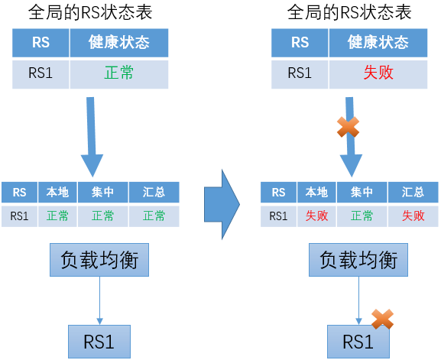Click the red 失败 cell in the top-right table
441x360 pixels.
click(x=378, y=75)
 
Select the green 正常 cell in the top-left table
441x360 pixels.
click(x=119, y=75)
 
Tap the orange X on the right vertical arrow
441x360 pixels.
click(x=349, y=127)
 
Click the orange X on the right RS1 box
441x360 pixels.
click(x=382, y=319)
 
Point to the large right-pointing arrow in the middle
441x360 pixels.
click(x=222, y=205)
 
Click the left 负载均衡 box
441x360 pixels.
click(x=99, y=260)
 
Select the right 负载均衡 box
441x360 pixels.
click(x=358, y=260)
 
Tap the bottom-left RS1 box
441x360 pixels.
click(x=99, y=342)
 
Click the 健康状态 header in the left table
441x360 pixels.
click(x=119, y=43)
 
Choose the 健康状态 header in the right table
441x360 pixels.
click(x=378, y=43)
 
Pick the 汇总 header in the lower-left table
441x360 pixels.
click(x=154, y=193)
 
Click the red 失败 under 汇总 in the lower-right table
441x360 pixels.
click(x=413, y=216)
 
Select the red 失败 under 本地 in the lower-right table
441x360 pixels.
click(x=316, y=216)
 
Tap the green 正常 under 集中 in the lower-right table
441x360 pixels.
click(x=362, y=216)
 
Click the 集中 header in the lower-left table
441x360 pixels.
click(x=103, y=193)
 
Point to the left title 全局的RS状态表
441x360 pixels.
click(x=90, y=12)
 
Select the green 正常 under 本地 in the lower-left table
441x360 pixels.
click(x=57, y=216)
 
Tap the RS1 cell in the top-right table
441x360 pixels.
click(x=300, y=75)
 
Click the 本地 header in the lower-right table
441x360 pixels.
click(x=316, y=193)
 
